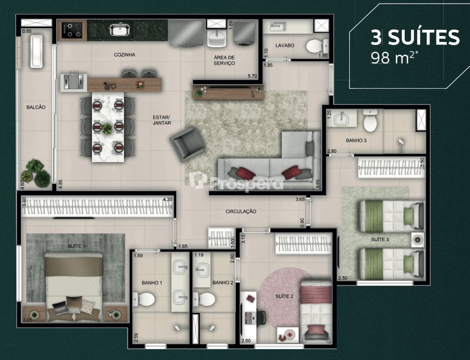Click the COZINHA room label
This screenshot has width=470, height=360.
click(124, 55)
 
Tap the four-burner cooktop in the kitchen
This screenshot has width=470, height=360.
click(72, 30)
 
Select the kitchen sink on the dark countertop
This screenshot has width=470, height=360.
click(120, 29)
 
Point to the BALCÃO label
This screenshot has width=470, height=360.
click(36, 107)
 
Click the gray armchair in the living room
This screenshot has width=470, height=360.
click(187, 144)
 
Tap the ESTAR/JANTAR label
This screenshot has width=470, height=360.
click(162, 120)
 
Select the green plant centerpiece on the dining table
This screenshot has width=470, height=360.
click(107, 129)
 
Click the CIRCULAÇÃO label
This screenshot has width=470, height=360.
click(241, 211)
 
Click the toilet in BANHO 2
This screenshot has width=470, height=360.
click(204, 299)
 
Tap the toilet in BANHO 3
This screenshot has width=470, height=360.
click(370, 121)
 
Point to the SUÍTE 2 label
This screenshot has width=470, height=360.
click(284, 296)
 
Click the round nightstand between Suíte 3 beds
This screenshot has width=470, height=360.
click(418, 240)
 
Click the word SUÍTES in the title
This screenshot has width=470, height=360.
click(424, 37)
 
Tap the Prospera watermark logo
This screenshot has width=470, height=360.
click(236, 182)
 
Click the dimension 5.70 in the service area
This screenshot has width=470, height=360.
click(253, 76)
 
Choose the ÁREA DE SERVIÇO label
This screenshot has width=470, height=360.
click(224, 60)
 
